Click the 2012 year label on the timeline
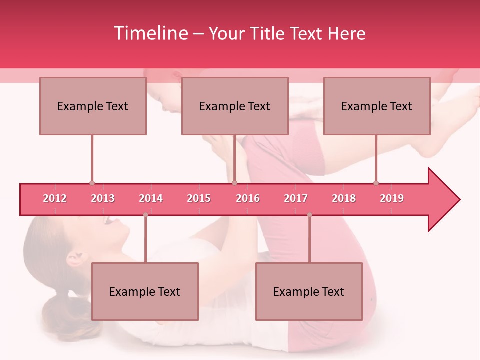pyautogui.click(x=55, y=198)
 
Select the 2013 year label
pyautogui.click(x=103, y=198)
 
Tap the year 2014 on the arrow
pyautogui.click(x=151, y=198)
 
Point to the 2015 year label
pyautogui.click(x=199, y=198)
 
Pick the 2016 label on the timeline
pyautogui.click(x=248, y=198)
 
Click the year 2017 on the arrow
pyautogui.click(x=296, y=198)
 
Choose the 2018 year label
pyautogui.click(x=344, y=198)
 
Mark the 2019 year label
pyautogui.click(x=392, y=198)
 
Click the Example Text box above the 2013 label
pyautogui.click(x=93, y=106)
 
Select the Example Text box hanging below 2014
pyautogui.click(x=145, y=291)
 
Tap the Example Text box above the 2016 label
pyautogui.click(x=235, y=106)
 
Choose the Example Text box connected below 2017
pyautogui.click(x=309, y=291)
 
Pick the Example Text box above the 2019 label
pyautogui.click(x=377, y=106)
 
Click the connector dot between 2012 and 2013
pyautogui.click(x=92, y=183)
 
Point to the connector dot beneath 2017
pyautogui.click(x=309, y=215)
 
